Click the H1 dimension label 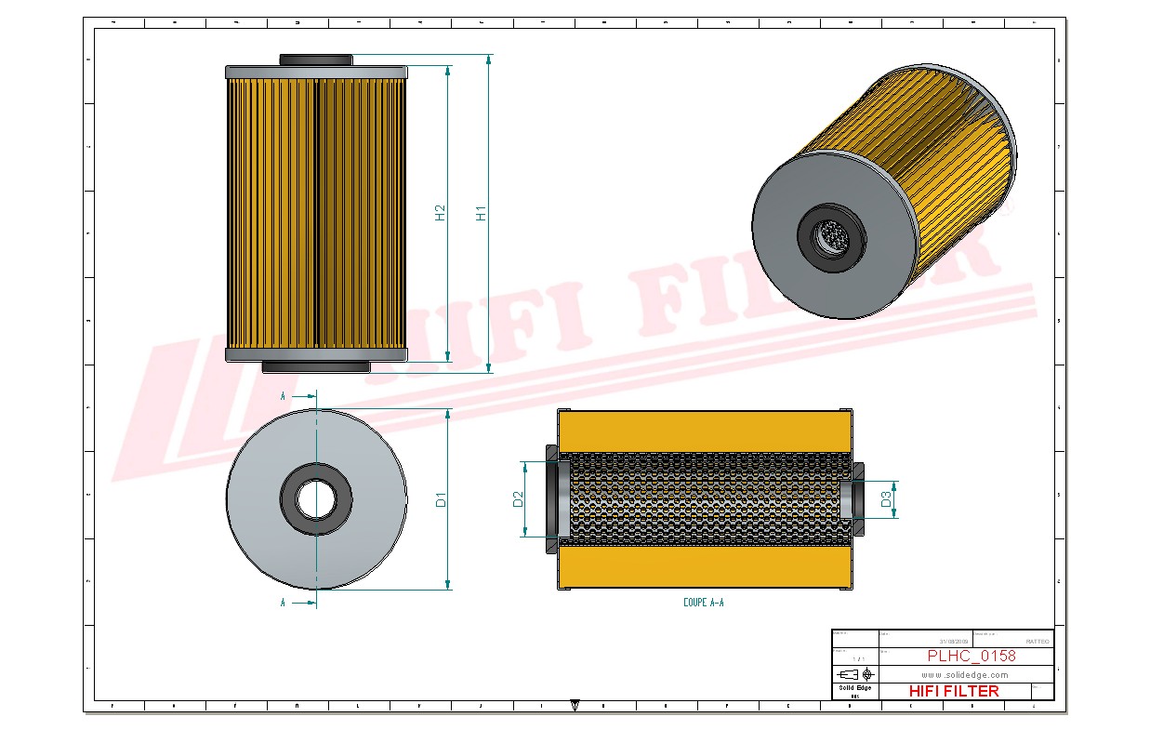point(481,212)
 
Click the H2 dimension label point(441,213)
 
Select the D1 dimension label point(442,499)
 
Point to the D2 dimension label point(518,499)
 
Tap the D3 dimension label point(887,499)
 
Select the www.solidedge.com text point(965,674)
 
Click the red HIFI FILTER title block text point(953,691)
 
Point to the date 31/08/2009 point(954,642)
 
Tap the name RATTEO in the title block point(1037,642)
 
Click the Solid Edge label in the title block point(854,688)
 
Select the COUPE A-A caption point(703,603)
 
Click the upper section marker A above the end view point(283,396)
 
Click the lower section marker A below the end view point(283,603)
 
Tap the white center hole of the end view point(316,499)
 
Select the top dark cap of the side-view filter point(316,60)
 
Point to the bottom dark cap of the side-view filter point(316,367)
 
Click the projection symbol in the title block point(854,673)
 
